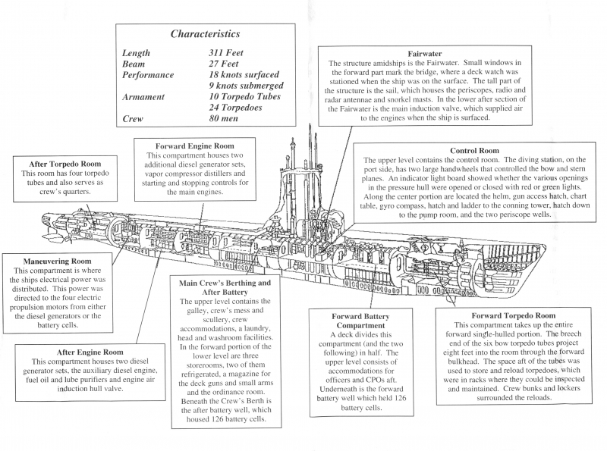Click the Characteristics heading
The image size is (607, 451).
tap(205, 34)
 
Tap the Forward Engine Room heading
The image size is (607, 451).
tap(194, 146)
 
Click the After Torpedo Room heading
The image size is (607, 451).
tap(65, 164)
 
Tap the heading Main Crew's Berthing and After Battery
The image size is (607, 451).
tap(223, 287)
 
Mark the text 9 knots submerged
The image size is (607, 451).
tap(254, 86)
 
